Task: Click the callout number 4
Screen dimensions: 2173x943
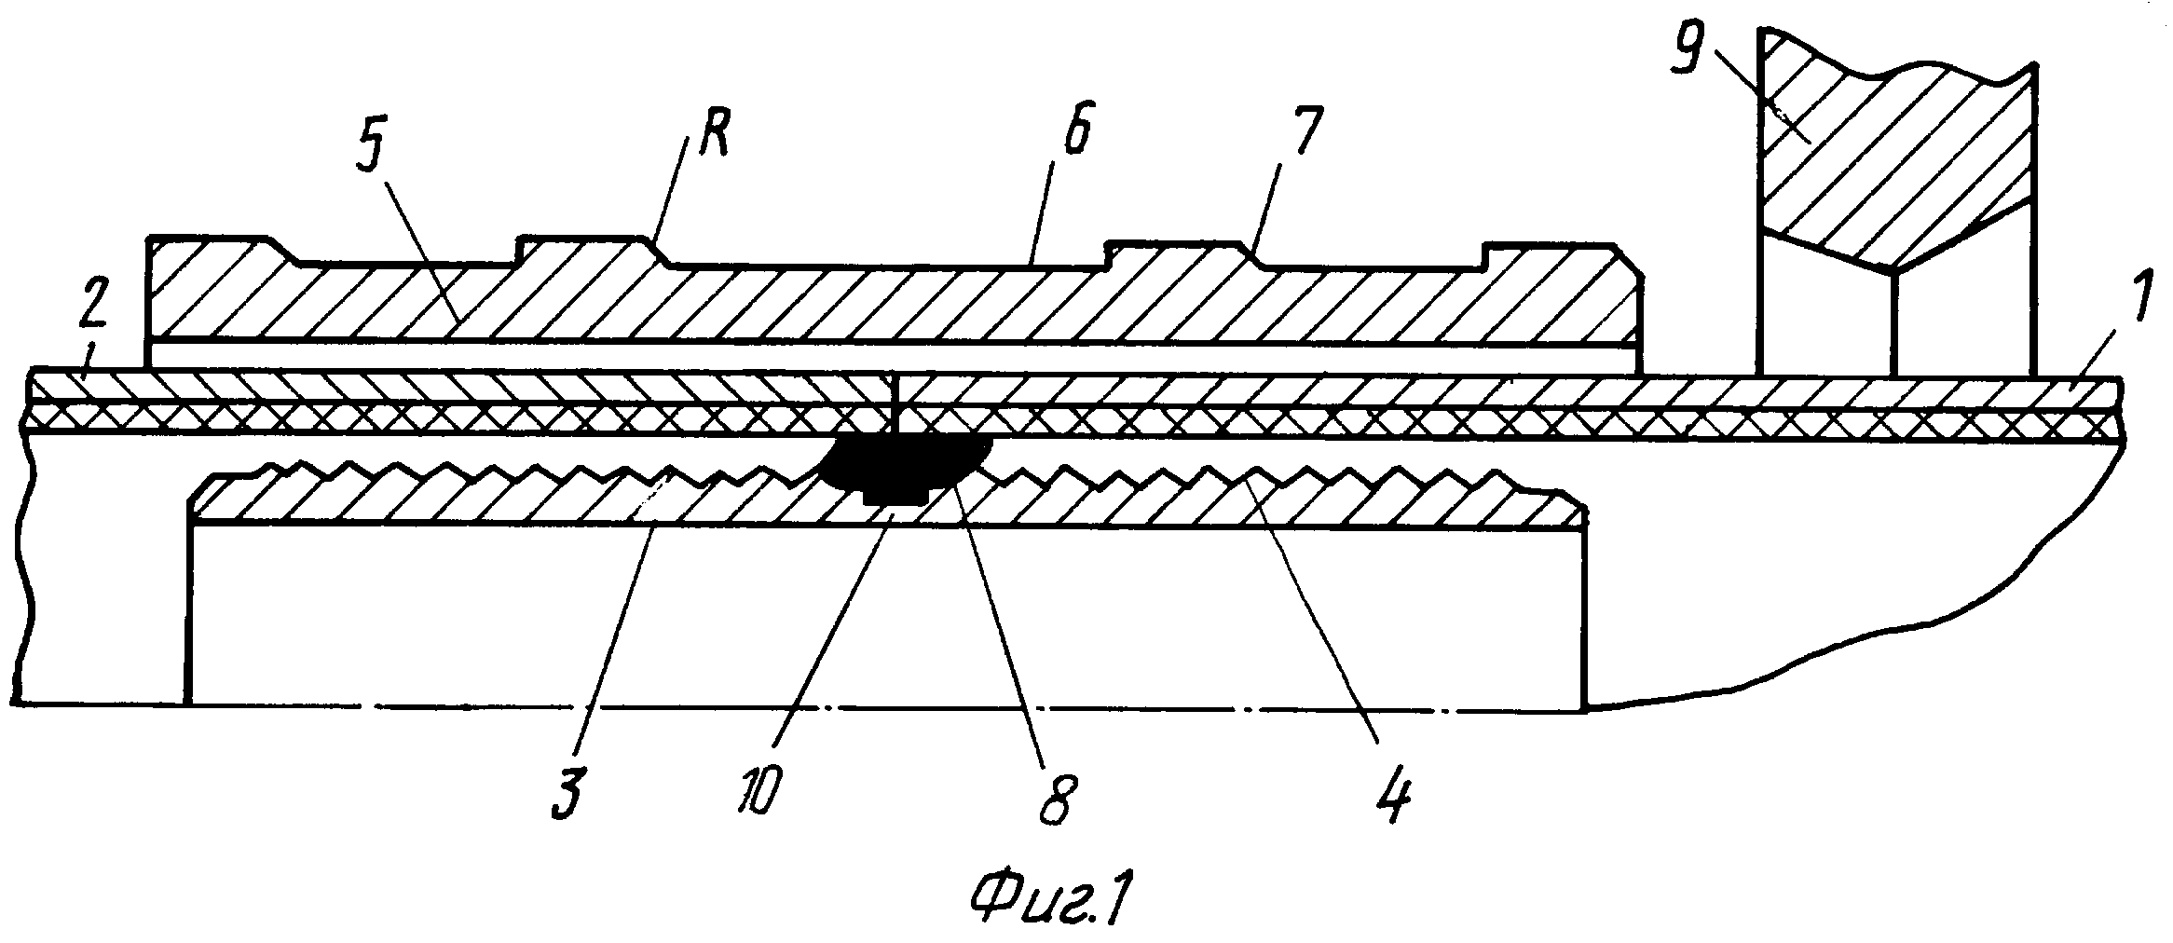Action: (1396, 792)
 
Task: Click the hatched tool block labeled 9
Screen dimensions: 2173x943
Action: (1892, 158)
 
